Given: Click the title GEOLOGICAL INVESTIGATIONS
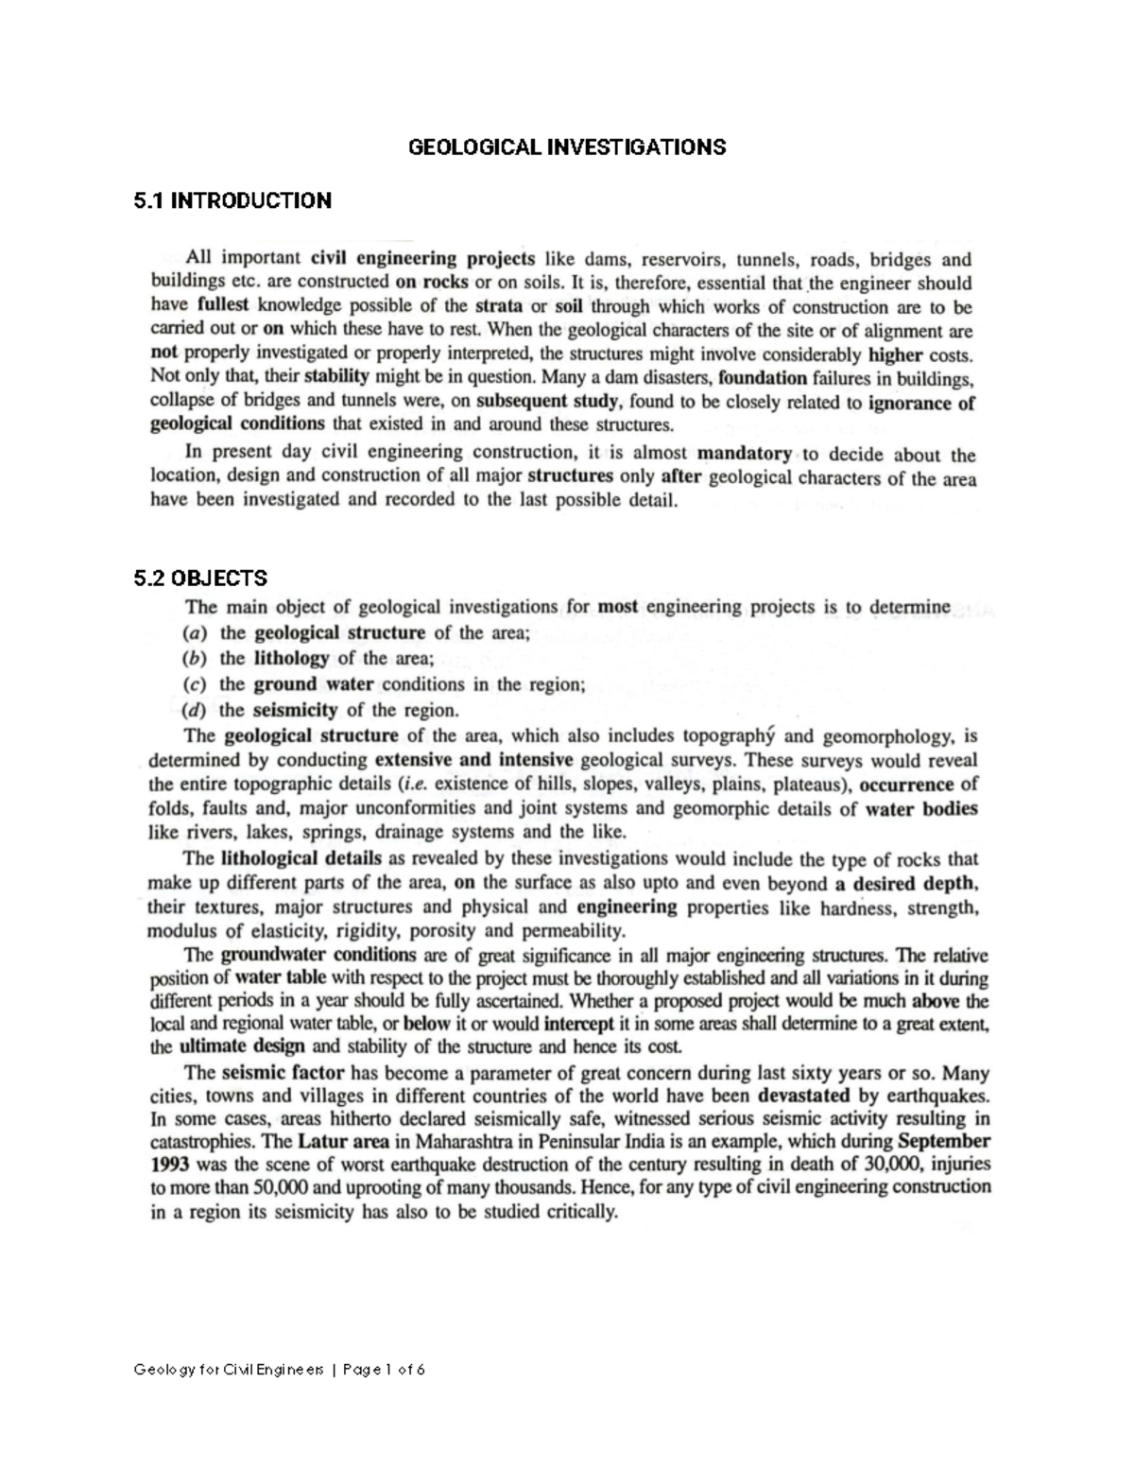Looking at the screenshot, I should [566, 147].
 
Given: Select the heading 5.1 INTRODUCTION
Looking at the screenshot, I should [232, 200].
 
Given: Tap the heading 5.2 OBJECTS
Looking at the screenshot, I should [200, 578].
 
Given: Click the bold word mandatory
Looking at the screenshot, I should [744, 454].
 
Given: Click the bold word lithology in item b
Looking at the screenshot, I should [291, 659].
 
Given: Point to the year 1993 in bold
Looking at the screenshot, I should [171, 1165].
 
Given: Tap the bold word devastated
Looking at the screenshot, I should [805, 1097].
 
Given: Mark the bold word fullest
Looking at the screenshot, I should [224, 306].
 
